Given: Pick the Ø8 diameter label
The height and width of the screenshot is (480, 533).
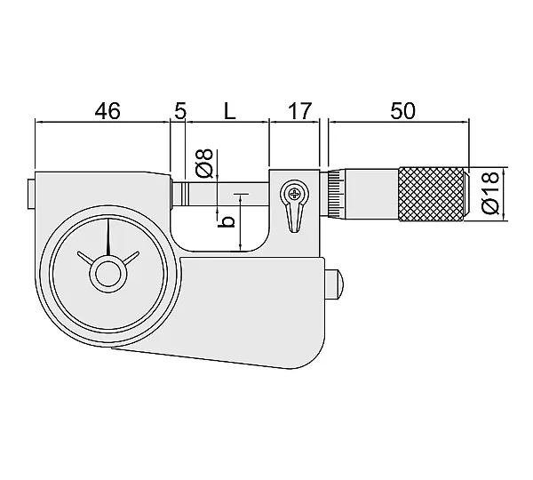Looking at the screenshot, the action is [x=204, y=163].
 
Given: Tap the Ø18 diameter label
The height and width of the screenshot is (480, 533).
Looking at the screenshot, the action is [x=489, y=193].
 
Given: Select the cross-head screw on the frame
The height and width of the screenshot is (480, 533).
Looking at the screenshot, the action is [x=294, y=195].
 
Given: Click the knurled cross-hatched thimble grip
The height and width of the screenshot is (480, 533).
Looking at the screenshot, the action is [x=432, y=194].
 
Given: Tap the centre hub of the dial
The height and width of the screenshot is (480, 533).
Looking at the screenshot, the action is [x=108, y=275].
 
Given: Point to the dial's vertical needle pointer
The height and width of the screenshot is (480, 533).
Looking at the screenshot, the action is [x=108, y=237].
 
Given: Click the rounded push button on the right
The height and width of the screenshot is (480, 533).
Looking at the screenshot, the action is [x=335, y=284].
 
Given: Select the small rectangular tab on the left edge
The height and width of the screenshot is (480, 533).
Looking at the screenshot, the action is [x=31, y=195].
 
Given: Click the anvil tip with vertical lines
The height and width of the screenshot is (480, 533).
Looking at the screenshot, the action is [x=180, y=195].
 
